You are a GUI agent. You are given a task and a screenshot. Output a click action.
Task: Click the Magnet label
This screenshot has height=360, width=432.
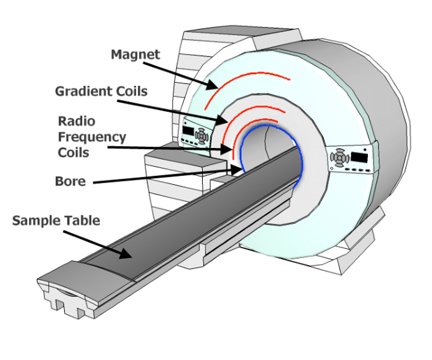pyautogui.click(x=136, y=55)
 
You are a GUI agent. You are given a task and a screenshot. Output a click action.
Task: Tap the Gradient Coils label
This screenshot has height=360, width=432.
pyautogui.click(x=101, y=91)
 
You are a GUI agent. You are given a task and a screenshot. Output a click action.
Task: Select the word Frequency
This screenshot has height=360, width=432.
pyautogui.click(x=91, y=137)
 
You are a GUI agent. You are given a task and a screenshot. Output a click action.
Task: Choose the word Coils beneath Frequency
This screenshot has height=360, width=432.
pyautogui.click(x=73, y=152)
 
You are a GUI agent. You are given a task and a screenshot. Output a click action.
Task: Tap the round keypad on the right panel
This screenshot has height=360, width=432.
pyautogui.click(x=339, y=159)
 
